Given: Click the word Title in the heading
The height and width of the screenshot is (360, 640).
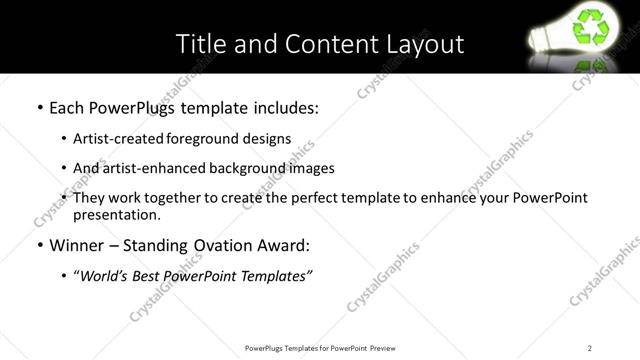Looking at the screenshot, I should [200, 44].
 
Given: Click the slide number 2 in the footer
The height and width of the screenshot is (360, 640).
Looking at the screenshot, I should [590, 348].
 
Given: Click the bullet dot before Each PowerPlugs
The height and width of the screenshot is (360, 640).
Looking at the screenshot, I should [38, 105].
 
